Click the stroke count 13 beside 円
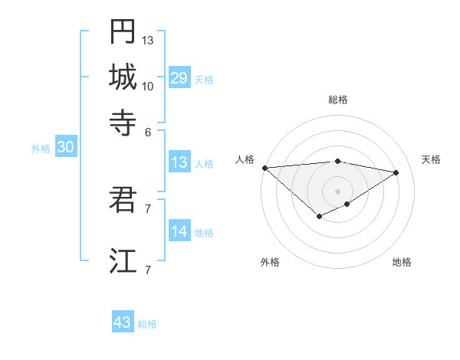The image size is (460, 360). click(x=148, y=40)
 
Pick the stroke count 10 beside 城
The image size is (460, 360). click(x=148, y=86)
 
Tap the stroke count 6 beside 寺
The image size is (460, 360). click(x=148, y=131)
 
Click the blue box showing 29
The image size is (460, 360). click(x=179, y=77)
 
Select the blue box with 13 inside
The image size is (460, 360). click(x=179, y=162)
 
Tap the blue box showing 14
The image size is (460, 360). click(x=179, y=231)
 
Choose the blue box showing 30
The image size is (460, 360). click(x=65, y=148)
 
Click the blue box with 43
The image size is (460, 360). click(x=123, y=322)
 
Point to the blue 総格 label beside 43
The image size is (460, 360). click(x=147, y=324)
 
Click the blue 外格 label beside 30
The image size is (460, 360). click(x=41, y=149)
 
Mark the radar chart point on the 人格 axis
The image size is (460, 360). click(x=264, y=168)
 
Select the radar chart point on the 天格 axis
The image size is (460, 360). click(x=396, y=172)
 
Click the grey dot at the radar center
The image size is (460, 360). click(x=337, y=191)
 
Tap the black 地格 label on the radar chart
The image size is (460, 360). click(x=402, y=262)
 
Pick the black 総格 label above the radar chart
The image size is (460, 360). click(x=338, y=100)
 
